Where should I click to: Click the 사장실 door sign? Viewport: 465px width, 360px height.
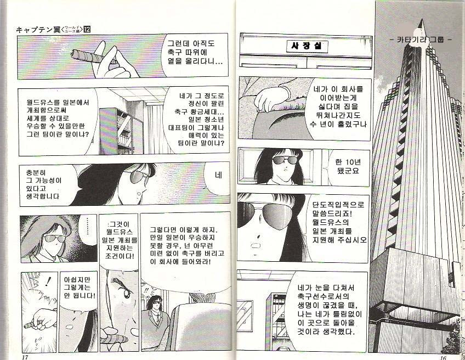coord(307,46)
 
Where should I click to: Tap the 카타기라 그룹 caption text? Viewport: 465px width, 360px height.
coord(421,39)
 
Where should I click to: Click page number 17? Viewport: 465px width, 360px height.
coord(25,357)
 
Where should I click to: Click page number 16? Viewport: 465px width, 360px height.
coord(443,357)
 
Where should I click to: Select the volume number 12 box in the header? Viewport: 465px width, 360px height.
coord(87,30)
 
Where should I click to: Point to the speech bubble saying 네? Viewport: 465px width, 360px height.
coord(218,178)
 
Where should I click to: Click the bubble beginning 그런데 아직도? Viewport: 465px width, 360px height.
coord(194,53)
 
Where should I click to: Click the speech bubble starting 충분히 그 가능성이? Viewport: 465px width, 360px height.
coord(48,184)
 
